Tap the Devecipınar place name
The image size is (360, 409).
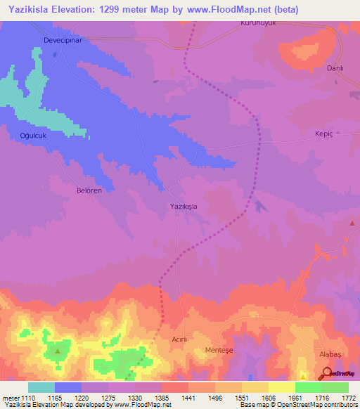click(x=64, y=41)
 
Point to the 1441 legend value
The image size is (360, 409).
click(x=188, y=398)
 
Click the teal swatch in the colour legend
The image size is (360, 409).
click(x=41, y=387)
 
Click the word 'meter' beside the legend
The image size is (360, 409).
click(x=11, y=398)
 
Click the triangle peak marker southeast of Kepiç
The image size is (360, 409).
click(x=352, y=223)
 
